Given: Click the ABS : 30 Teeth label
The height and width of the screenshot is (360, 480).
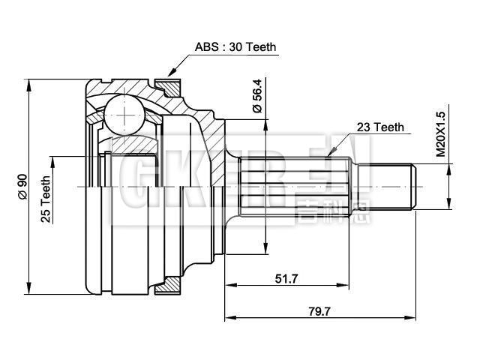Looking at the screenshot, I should [235, 46].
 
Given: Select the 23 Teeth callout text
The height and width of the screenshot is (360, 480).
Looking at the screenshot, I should [379, 127].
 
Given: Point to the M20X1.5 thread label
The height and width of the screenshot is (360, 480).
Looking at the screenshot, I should [441, 133].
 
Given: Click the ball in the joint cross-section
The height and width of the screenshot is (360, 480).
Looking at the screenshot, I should [121, 114].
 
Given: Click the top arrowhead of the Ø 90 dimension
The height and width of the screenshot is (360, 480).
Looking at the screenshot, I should [29, 81].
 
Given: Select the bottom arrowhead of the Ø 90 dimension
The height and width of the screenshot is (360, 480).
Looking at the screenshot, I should [29, 289].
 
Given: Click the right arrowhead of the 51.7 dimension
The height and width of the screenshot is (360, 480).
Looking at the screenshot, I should [349, 285].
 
